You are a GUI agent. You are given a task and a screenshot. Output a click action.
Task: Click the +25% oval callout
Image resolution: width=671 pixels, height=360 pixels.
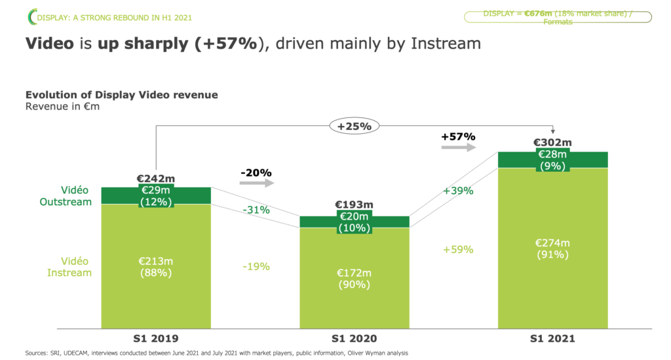tap(355, 126)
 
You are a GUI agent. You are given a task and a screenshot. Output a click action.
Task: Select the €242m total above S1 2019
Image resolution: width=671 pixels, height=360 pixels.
tap(155, 178)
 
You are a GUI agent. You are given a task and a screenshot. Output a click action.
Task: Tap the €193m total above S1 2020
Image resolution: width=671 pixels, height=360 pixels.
tap(354, 205)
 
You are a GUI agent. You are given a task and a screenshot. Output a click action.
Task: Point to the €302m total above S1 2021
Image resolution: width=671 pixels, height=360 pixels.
tap(552, 142)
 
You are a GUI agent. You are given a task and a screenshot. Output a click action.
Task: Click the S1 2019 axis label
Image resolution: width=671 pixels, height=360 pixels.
tap(155, 338)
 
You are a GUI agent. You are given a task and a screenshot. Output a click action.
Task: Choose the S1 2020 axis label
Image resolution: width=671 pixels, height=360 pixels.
tap(354, 338)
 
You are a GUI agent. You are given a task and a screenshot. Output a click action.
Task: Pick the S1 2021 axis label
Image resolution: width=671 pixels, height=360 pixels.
tap(552, 338)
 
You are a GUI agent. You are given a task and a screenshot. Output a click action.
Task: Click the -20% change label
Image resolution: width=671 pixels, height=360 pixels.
tap(256, 172)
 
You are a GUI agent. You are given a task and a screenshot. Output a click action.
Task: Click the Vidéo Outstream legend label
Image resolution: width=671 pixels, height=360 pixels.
tap(66, 196)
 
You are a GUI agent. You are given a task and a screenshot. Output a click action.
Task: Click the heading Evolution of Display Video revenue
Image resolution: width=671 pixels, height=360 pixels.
tap(121, 95)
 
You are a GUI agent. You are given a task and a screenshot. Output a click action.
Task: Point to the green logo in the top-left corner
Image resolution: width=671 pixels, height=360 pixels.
tap(31, 16)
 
